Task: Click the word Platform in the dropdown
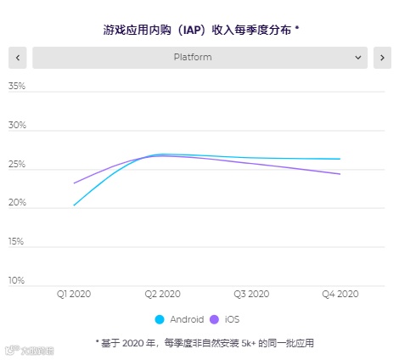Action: pos(193,58)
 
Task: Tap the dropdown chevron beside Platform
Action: pos(358,58)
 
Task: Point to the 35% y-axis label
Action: pos(16,87)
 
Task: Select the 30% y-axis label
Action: pos(16,126)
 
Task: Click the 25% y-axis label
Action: pos(16,165)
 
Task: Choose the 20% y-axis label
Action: pos(16,203)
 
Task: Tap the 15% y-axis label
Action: pos(16,242)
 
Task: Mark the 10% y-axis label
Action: pos(16,281)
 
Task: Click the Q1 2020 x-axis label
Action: pos(74,294)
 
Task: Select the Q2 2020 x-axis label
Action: pos(163,294)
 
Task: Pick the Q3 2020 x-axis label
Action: pos(251,294)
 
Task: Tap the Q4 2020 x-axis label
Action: pos(340,294)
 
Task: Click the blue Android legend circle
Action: pos(160,319)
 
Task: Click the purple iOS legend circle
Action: pos(214,319)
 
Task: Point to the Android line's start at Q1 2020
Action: pos(74,205)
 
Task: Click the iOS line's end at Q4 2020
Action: pos(340,174)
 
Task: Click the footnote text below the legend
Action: pos(199,342)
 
